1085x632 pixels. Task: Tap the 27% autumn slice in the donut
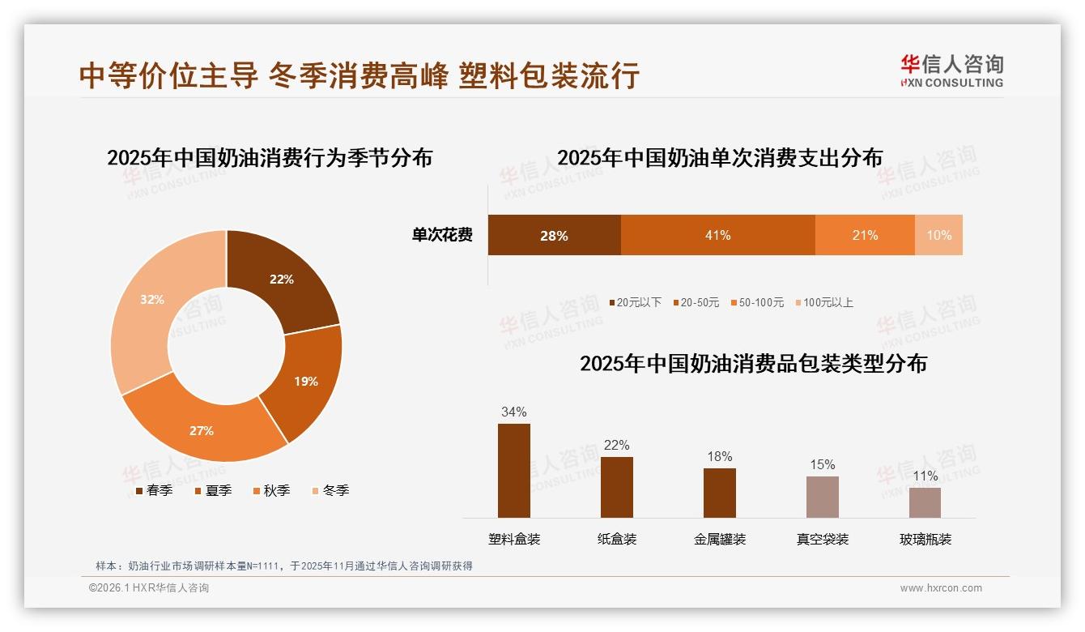(202, 429)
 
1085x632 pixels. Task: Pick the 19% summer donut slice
(305, 381)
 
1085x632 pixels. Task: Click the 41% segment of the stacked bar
(717, 235)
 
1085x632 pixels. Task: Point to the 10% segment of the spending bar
(938, 235)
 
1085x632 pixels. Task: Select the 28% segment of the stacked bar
(554, 235)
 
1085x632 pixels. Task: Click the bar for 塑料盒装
(513, 470)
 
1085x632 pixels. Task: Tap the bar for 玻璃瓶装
(925, 502)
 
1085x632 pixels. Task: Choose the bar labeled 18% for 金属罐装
(719, 493)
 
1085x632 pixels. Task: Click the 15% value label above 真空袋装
(822, 465)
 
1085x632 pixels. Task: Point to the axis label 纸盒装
(617, 539)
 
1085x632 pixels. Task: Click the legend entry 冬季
(335, 490)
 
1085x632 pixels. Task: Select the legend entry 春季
(159, 490)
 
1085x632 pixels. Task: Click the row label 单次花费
(442, 235)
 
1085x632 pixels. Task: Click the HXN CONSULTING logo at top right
(951, 71)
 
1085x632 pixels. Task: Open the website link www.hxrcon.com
(941, 588)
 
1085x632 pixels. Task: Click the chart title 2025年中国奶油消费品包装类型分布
(753, 364)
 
